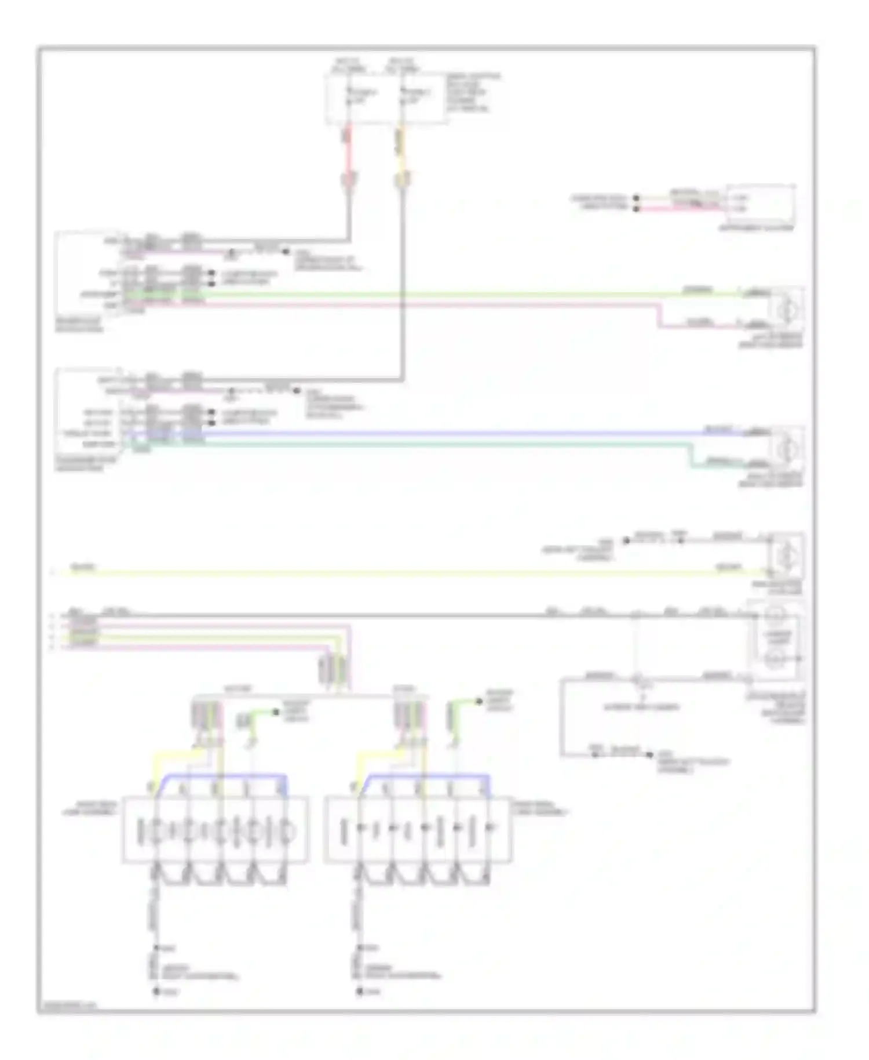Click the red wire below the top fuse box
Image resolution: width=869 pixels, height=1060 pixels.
click(349, 154)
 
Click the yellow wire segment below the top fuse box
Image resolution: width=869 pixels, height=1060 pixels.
click(400, 154)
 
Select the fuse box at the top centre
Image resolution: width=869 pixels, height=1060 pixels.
click(386, 99)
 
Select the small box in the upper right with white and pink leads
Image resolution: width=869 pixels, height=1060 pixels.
click(761, 204)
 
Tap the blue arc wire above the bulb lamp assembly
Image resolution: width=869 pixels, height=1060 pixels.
click(226, 776)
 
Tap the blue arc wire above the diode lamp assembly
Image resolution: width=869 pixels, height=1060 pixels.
click(429, 776)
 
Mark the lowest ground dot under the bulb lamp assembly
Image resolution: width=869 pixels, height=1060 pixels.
click(156, 992)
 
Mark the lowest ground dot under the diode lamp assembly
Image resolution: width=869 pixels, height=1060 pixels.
click(360, 992)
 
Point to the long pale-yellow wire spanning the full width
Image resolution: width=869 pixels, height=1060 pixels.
click(406, 573)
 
